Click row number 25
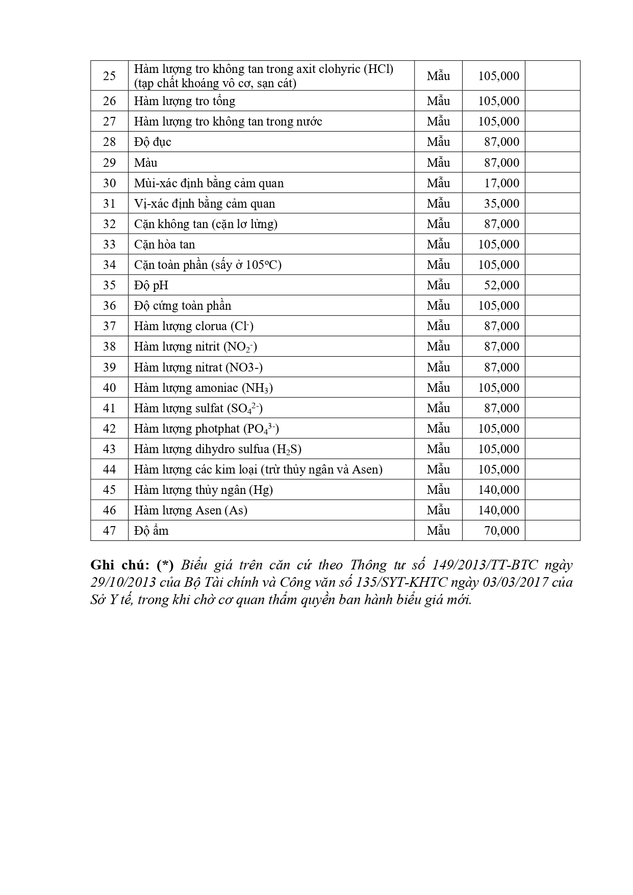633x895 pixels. point(109,76)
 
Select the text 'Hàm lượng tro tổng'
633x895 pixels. point(185,101)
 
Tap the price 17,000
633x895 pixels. point(501,183)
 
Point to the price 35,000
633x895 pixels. point(501,204)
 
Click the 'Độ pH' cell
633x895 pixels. point(151,285)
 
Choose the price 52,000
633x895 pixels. point(501,285)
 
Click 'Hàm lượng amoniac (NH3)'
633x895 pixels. point(203,388)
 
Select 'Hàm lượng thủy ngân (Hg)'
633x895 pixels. point(203,490)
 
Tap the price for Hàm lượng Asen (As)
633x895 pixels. point(498,510)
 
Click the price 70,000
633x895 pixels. point(501,531)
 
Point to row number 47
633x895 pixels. point(109,531)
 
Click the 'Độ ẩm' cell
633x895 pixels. point(151,531)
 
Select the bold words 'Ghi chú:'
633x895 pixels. point(119,565)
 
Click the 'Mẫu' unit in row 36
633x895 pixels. point(438,306)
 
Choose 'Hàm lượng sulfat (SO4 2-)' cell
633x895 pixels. point(198,408)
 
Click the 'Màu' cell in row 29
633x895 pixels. point(146,163)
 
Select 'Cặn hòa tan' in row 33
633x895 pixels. point(164,244)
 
